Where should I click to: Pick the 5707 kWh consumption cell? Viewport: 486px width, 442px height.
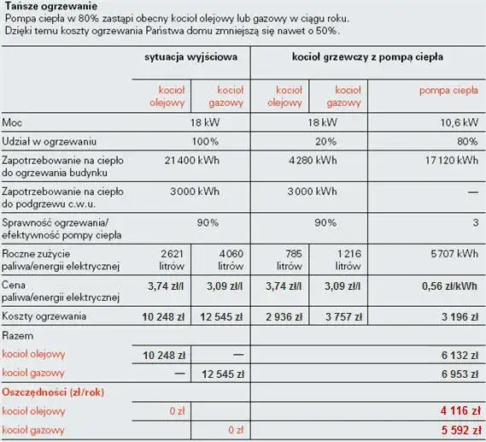click(x=455, y=254)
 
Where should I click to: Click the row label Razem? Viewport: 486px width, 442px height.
click(x=19, y=337)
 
